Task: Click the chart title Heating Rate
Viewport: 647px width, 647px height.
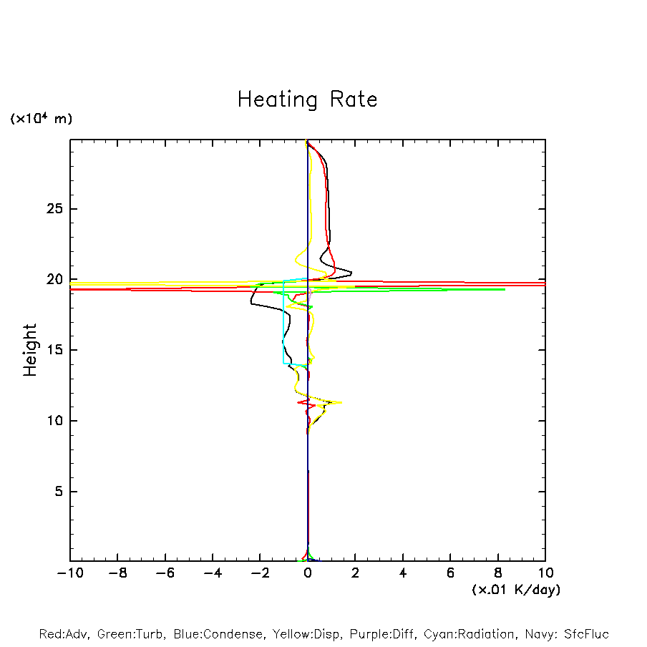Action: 307,99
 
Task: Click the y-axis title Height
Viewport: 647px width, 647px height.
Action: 30,350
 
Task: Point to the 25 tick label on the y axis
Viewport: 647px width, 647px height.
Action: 57,209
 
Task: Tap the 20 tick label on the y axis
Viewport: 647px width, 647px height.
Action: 57,280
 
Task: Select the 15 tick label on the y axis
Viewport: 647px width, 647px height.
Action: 57,350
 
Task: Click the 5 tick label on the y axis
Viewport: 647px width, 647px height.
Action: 61,492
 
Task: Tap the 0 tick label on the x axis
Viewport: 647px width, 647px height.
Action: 308,573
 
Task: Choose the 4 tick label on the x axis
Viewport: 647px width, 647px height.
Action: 403,573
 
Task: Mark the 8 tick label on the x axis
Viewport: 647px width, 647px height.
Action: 498,573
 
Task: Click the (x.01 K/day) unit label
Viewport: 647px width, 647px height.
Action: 516,590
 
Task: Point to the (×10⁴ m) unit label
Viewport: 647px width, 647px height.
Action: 41,119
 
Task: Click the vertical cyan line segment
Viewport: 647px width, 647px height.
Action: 284,322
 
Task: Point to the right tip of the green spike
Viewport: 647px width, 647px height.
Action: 505,289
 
